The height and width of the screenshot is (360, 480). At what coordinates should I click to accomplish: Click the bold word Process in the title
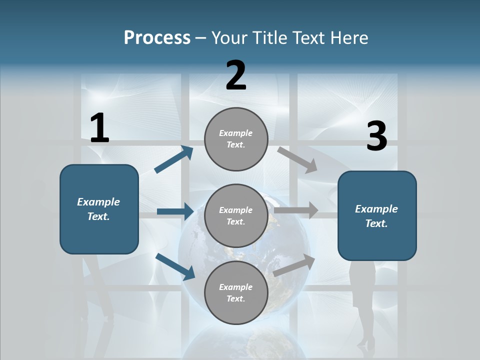point(157,38)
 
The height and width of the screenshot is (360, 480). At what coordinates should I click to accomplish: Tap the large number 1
point(99,128)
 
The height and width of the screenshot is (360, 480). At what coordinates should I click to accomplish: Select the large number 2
point(236,75)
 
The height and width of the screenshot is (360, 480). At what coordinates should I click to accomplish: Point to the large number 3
point(377,136)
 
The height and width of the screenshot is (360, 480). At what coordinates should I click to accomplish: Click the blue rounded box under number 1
point(99,209)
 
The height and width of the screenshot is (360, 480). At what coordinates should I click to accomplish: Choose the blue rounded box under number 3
point(377,216)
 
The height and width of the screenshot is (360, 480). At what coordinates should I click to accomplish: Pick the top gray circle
point(236,139)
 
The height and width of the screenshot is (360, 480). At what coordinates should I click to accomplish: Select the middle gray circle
point(236,216)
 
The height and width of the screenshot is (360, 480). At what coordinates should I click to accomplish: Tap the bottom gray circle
point(236,292)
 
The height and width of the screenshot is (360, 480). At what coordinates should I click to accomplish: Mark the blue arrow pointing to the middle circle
point(175,211)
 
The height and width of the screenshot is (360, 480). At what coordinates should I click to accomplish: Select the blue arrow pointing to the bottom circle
point(175,266)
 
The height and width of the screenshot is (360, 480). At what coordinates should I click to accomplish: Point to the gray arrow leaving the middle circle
point(296,210)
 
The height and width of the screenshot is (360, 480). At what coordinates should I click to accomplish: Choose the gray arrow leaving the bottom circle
point(294,265)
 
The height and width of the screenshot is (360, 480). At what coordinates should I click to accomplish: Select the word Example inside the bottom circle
point(236,287)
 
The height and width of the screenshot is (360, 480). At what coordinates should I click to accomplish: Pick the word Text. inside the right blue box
point(377,223)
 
